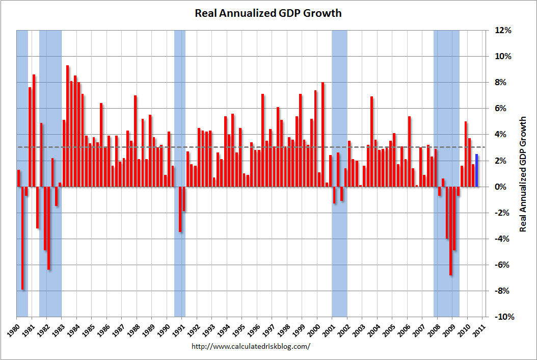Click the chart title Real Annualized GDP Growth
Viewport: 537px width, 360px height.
[x=268, y=13]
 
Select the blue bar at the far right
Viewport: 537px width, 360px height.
[x=476, y=170]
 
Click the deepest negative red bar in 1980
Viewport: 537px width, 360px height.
[x=22, y=238]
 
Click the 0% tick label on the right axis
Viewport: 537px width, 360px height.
[x=501, y=187]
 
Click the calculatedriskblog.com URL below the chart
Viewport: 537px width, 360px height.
[x=250, y=346]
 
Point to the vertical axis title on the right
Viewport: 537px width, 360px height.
[x=523, y=174]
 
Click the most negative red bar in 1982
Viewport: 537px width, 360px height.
[x=49, y=228]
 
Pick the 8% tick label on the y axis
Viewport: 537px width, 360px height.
[x=501, y=83]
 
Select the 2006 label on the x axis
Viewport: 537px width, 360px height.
[x=404, y=329]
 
